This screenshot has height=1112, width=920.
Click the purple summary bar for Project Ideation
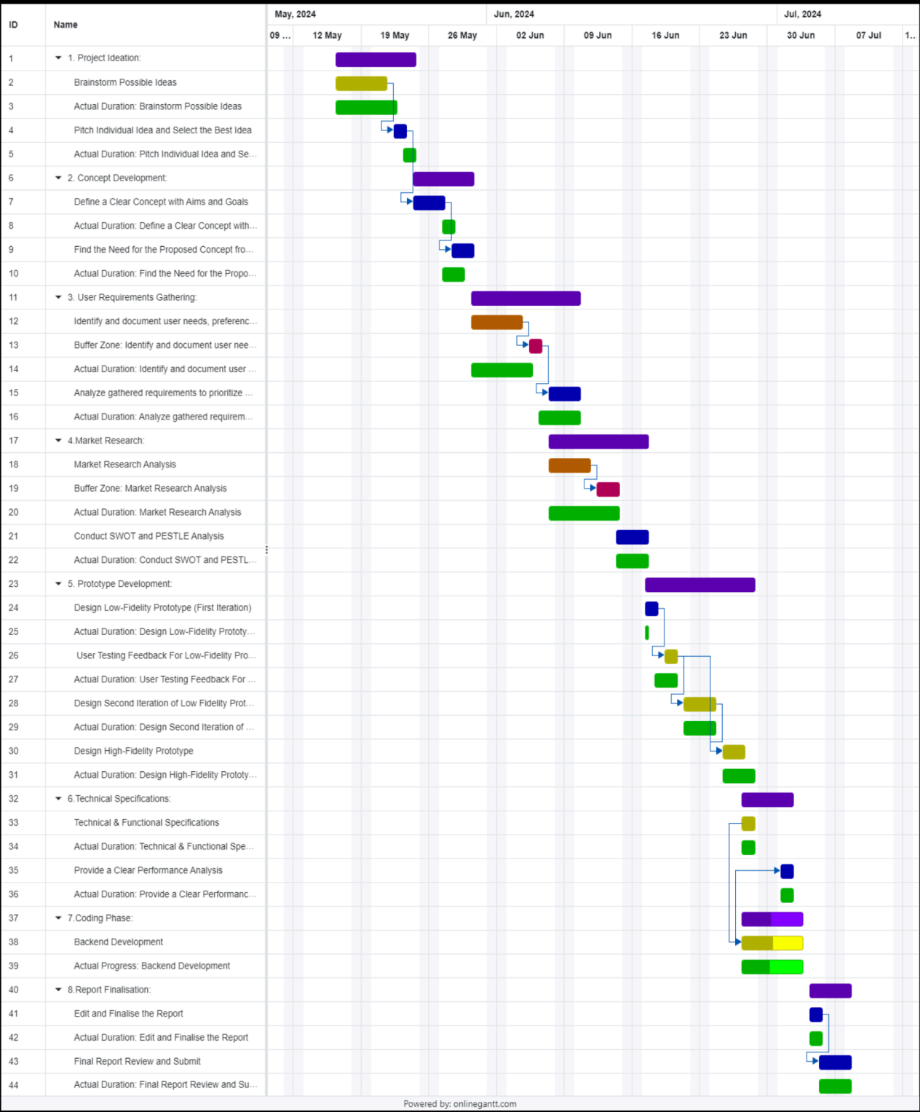click(x=376, y=60)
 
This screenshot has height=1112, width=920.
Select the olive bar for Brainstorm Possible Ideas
click(x=361, y=84)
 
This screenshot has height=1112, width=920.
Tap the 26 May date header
click(x=462, y=35)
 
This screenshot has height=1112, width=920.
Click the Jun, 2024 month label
click(x=514, y=14)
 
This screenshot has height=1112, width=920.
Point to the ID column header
click(x=13, y=25)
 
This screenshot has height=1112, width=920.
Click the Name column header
click(x=66, y=25)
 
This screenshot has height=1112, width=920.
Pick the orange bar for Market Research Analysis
click(x=569, y=465)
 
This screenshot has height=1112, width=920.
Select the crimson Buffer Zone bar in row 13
click(x=536, y=346)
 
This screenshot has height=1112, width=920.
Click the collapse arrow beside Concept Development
click(x=59, y=178)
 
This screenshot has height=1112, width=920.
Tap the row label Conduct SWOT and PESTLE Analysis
click(x=148, y=536)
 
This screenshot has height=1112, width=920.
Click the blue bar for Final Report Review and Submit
click(x=835, y=1062)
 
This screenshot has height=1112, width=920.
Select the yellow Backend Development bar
click(x=772, y=943)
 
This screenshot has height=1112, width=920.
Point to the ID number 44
click(x=14, y=1085)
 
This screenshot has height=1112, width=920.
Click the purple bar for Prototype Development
click(x=699, y=585)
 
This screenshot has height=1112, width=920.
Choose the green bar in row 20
click(x=584, y=513)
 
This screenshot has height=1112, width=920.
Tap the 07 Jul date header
click(x=868, y=35)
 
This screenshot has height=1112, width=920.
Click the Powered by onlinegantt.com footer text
click(x=460, y=1104)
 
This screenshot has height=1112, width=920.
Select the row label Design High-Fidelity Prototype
click(x=133, y=751)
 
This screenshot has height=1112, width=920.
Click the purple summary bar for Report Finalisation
click(x=830, y=990)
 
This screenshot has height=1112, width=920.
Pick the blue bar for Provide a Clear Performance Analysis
click(x=787, y=871)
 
